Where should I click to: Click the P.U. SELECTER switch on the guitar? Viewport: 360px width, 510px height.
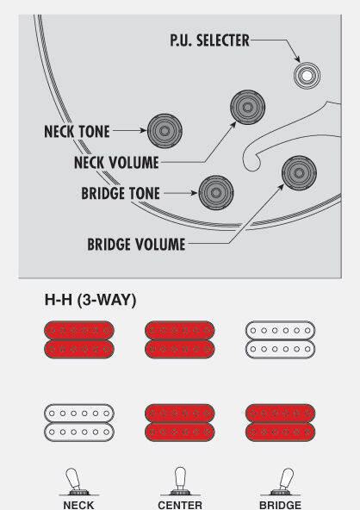[x=307, y=76]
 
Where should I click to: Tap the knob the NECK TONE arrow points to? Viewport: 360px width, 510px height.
[x=164, y=131]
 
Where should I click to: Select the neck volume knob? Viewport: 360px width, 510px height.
[x=247, y=108]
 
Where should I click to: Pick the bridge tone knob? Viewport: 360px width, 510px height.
[x=216, y=193]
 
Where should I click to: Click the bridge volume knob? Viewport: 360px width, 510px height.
[x=299, y=172]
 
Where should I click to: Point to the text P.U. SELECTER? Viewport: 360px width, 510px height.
[x=209, y=40]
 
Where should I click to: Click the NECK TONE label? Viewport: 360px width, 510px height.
[x=77, y=132]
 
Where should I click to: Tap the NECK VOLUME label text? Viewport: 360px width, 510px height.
[x=116, y=162]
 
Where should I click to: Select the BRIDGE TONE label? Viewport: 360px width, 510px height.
[x=121, y=193]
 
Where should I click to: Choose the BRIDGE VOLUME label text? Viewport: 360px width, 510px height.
[x=136, y=245]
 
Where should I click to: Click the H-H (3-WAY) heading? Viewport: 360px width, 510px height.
[x=90, y=300]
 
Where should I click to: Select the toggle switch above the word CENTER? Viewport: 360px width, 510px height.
[x=180, y=482]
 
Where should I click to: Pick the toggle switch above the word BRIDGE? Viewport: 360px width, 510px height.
[x=282, y=482]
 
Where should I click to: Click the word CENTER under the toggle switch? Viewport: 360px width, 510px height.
[x=180, y=505]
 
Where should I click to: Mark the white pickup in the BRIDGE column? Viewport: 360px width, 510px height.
[x=280, y=340]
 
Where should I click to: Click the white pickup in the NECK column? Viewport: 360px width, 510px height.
[x=79, y=423]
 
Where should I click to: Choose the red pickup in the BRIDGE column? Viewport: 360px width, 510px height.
[x=280, y=423]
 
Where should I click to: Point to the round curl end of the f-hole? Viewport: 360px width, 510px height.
[x=251, y=162]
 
